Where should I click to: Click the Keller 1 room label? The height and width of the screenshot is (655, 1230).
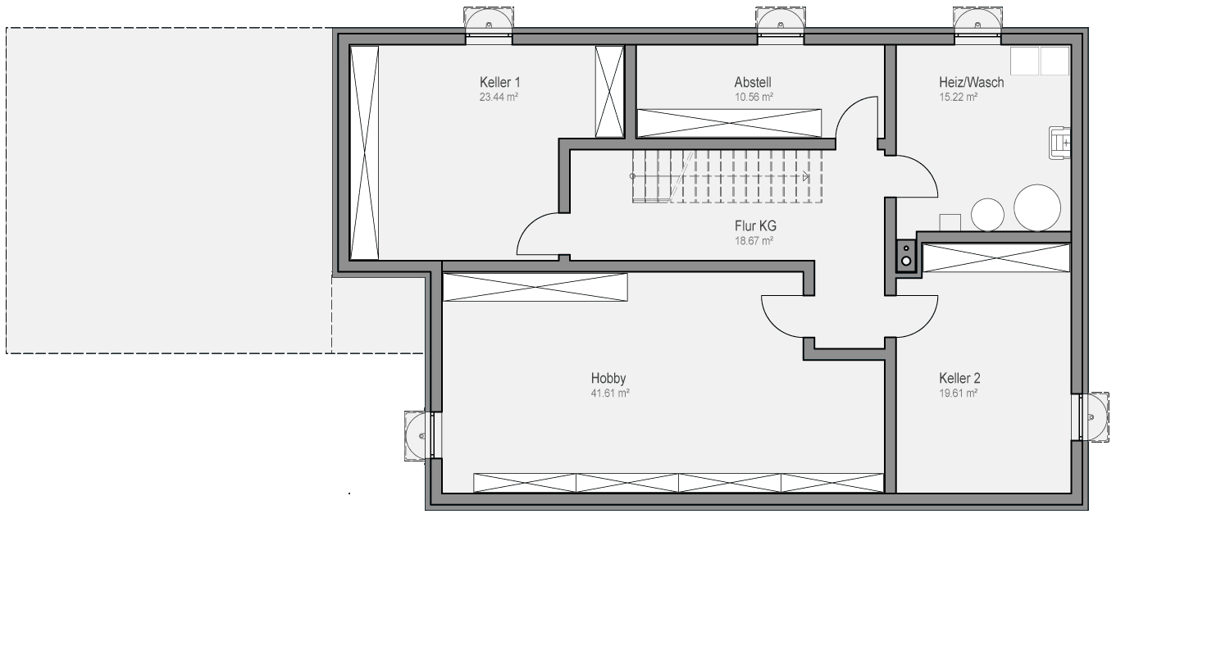pos(499,82)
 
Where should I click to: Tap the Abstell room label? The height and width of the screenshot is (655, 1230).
pos(753,82)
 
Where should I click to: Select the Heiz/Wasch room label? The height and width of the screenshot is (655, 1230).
pos(972,82)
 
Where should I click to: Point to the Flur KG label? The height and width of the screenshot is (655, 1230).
pos(755,225)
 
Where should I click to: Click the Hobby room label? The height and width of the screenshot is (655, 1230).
pos(608,378)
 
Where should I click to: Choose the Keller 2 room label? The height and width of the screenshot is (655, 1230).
pos(959,378)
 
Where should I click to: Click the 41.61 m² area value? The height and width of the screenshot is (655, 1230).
pos(610,393)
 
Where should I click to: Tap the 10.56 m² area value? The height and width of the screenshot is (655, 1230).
pos(754,98)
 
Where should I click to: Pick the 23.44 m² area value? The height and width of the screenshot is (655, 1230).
pos(499,98)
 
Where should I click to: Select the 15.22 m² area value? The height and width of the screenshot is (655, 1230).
pos(959,98)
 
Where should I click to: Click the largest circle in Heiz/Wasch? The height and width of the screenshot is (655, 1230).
pos(1037,207)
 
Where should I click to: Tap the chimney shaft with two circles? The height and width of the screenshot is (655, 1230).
pos(907,256)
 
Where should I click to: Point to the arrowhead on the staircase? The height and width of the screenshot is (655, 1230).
pos(805,176)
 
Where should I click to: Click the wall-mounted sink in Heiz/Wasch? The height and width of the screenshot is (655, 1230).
pos(1059,143)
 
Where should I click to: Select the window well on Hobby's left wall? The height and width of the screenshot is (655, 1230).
pos(418,436)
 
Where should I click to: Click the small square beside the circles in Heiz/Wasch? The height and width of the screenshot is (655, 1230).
pos(950,222)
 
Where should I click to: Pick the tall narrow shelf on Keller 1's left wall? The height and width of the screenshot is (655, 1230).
pos(364,152)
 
